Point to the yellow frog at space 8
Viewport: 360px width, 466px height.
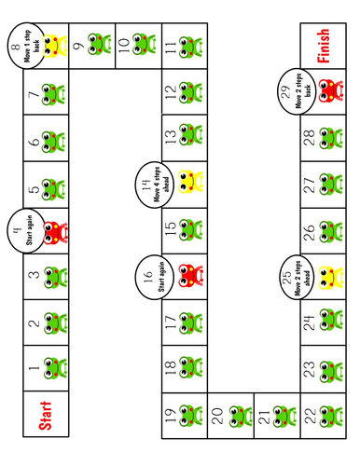[x=57, y=44]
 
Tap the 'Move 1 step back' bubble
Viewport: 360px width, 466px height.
[x=21, y=44]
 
